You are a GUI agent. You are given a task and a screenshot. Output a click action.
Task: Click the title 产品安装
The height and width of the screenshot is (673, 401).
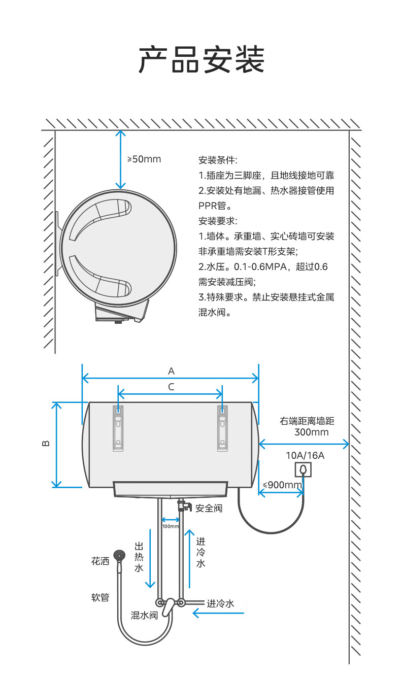pos(201,59)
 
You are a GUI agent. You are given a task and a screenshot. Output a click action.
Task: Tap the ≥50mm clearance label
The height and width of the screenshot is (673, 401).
pos(144,159)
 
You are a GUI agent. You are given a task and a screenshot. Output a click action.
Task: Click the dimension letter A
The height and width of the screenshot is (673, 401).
pos(171,371)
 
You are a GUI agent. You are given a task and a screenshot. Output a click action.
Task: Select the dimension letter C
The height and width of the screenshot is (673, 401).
pos(171,387)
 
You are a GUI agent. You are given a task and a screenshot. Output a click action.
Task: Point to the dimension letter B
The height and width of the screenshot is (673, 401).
pos(46,444)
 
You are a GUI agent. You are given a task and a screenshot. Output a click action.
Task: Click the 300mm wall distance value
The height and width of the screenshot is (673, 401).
pos(312,432)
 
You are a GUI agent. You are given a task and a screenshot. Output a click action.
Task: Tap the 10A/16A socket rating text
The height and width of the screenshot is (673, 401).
pos(305,455)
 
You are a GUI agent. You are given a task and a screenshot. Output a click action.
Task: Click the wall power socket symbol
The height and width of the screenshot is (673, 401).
pos(303,469)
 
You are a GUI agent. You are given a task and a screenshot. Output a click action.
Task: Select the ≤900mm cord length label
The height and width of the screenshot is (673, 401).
pos(282,485)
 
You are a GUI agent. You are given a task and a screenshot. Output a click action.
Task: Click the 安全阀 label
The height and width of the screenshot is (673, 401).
pos(209,508)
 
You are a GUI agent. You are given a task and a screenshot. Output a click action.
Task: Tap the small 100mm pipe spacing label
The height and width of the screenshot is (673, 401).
pos(171,526)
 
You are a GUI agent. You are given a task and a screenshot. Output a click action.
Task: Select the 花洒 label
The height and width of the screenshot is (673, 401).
pos(101,561)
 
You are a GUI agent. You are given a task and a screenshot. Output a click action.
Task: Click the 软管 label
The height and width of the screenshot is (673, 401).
pos(101,597)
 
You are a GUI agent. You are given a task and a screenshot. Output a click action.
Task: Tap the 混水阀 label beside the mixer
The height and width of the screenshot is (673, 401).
pos(144,615)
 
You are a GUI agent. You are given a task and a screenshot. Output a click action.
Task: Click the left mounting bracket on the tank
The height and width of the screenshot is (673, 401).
pos(118,428)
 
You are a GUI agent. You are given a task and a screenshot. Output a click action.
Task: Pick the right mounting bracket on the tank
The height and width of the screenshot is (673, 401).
pos(222,428)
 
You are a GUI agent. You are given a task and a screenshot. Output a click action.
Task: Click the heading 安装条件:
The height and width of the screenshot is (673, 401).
pos(218,160)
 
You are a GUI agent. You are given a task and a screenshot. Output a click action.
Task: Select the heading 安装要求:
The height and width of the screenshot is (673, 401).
pos(218,221)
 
